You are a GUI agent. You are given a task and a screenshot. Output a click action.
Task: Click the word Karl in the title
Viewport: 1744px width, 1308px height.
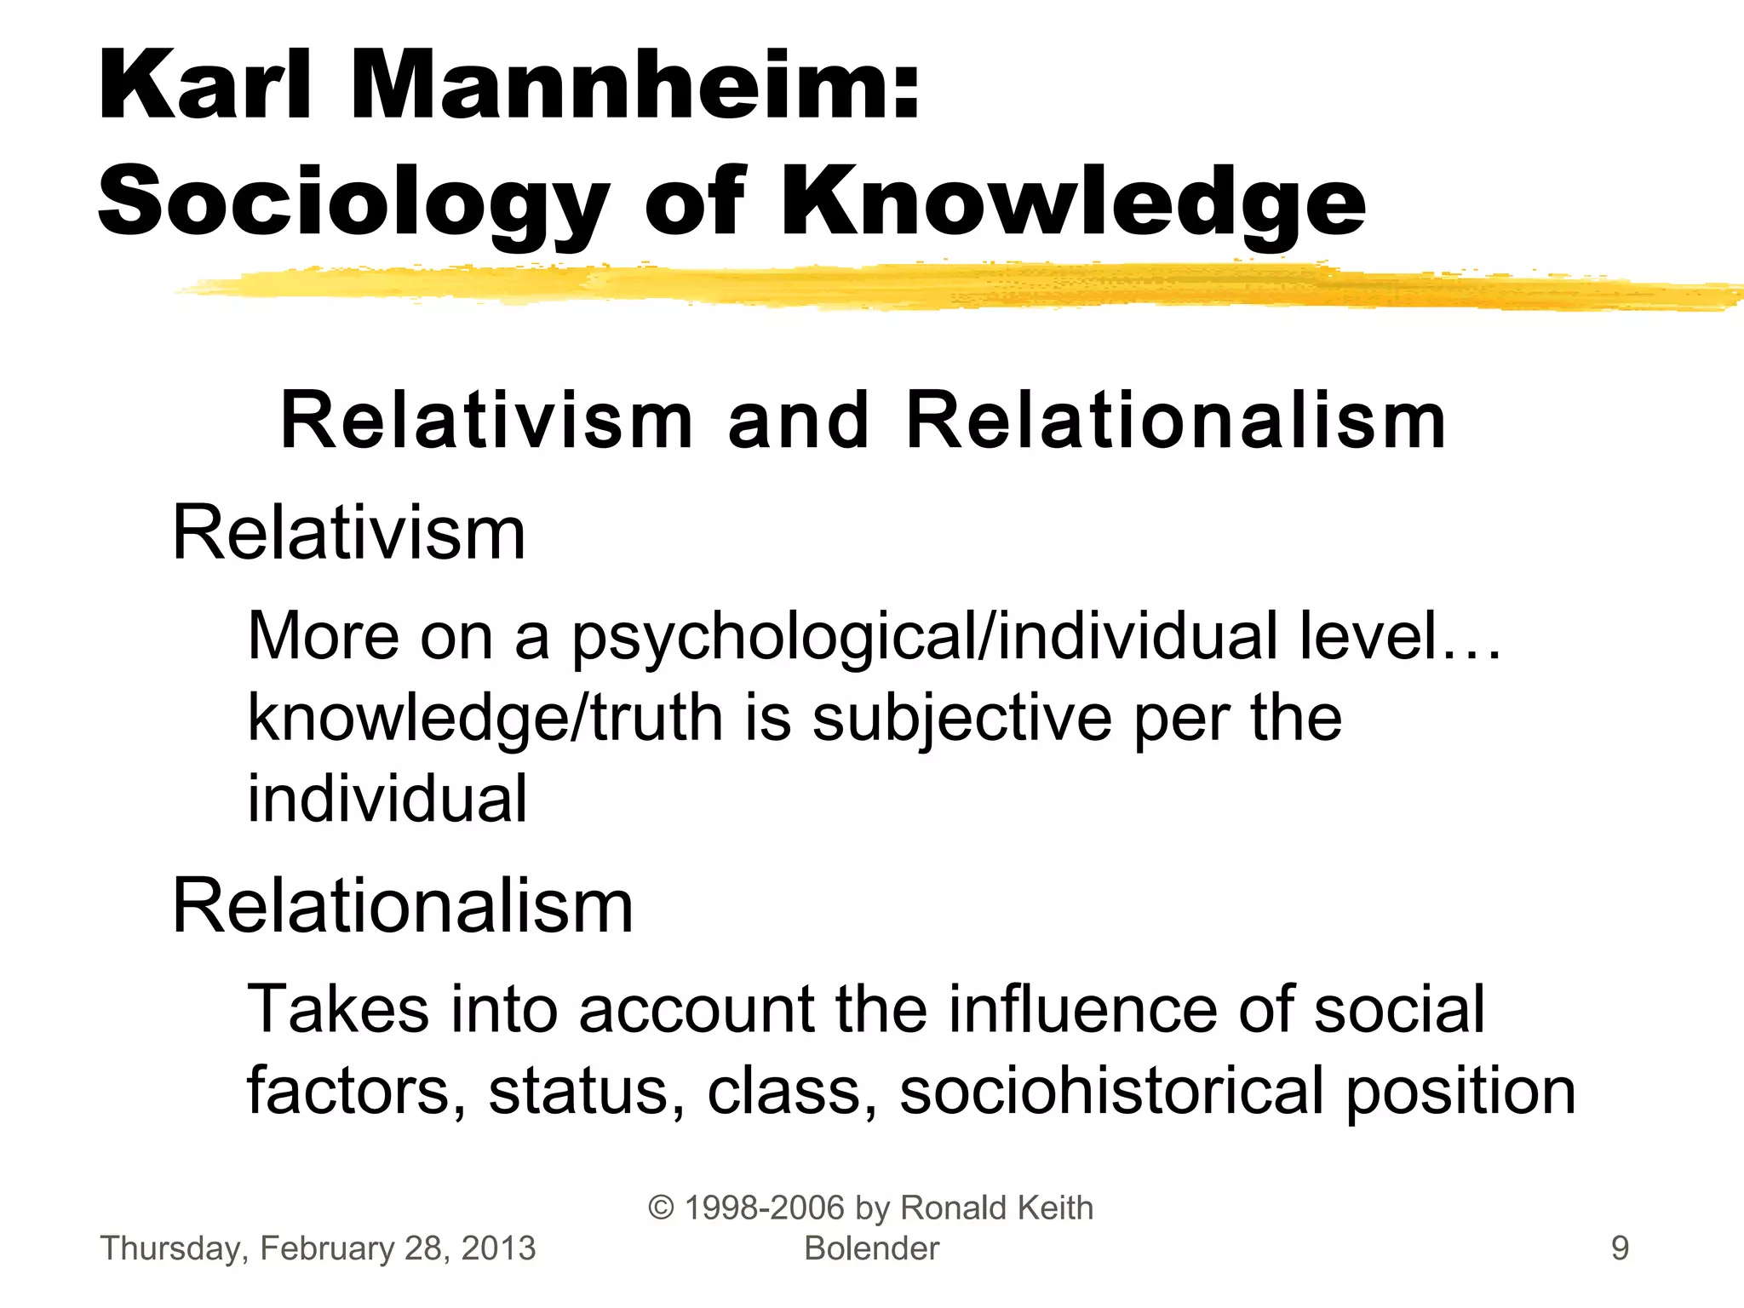pos(205,86)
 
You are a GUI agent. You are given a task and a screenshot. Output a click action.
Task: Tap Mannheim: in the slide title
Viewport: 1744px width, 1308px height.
pos(634,86)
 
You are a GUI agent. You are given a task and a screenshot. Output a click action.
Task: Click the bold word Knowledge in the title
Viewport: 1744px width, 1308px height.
pos(1072,202)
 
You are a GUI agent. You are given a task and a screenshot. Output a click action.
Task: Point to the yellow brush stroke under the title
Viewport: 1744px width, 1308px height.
pos(937,287)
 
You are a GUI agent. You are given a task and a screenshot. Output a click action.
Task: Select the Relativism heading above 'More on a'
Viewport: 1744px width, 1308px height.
pos(348,534)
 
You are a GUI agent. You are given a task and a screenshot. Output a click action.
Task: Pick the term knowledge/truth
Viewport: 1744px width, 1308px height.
pos(485,719)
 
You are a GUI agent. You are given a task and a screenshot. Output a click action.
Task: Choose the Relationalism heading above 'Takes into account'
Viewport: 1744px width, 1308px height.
pos(402,906)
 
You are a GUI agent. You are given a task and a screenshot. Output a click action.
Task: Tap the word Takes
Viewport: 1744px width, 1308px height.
pos(338,1009)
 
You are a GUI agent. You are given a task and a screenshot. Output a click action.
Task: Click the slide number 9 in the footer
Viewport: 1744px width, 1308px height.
pos(1620,1248)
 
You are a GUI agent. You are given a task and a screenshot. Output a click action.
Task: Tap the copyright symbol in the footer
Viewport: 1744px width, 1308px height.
pos(661,1208)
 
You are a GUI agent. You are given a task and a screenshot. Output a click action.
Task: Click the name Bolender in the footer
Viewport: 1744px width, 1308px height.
pos(871,1248)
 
